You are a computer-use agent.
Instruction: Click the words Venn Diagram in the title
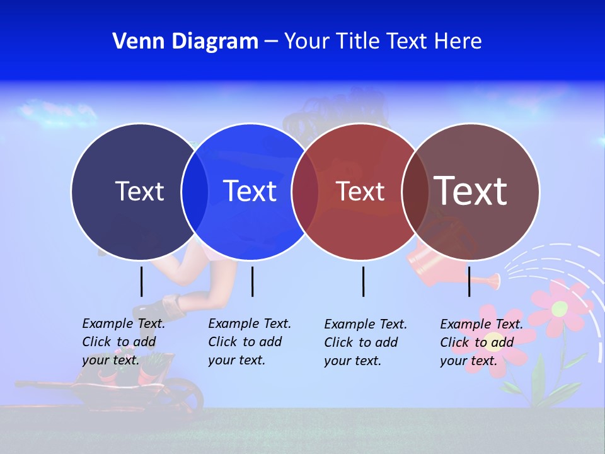[185, 41]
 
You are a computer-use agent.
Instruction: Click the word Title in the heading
[358, 41]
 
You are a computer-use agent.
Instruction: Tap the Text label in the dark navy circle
[139, 191]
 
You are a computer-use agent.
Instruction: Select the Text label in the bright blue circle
[250, 191]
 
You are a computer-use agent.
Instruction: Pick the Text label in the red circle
[360, 191]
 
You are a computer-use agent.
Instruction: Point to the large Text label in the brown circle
[471, 190]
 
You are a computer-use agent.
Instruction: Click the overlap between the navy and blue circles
[195, 191]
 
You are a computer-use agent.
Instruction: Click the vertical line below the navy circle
[141, 281]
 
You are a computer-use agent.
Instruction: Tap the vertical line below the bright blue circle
[252, 281]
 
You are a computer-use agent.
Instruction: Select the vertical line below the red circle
[363, 281]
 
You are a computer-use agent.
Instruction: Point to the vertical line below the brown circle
[469, 281]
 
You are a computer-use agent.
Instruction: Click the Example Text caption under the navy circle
[124, 342]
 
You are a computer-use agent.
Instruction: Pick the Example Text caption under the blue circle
[250, 342]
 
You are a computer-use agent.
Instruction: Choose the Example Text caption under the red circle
[366, 342]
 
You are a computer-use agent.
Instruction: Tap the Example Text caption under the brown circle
[481, 342]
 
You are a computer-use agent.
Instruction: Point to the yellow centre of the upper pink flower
[560, 308]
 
